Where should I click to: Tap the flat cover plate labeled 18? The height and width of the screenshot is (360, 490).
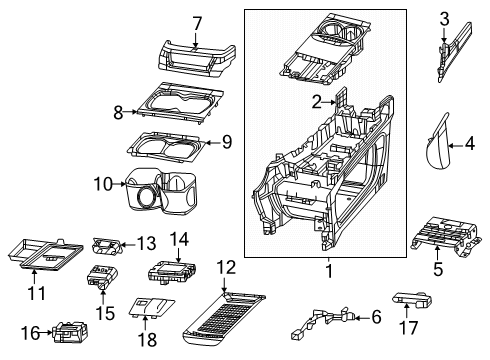pyautogui.click(x=153, y=311)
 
